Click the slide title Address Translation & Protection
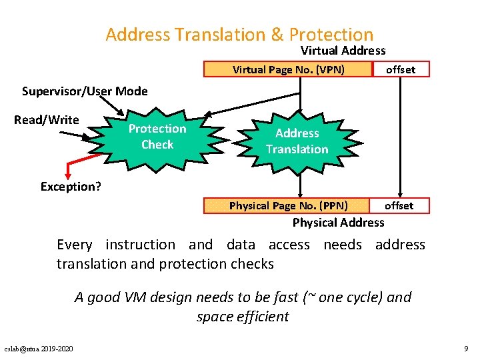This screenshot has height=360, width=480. pyautogui.click(x=239, y=34)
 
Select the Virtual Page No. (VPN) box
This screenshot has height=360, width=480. pyautogui.click(x=287, y=69)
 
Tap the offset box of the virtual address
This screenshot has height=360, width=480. pyautogui.click(x=401, y=69)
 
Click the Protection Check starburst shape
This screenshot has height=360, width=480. pyautogui.click(x=157, y=137)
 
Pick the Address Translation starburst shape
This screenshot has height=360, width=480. pyautogui.click(x=297, y=141)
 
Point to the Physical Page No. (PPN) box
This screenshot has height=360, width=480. pyautogui.click(x=288, y=205)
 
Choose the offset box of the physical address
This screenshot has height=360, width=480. pyautogui.click(x=399, y=205)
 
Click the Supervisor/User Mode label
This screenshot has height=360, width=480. pyautogui.click(x=85, y=91)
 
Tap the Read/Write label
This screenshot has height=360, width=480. pyautogui.click(x=47, y=120)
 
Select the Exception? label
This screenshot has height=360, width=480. pyautogui.click(x=71, y=187)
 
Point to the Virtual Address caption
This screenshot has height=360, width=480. pyautogui.click(x=343, y=51)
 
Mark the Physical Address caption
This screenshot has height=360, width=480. pyautogui.click(x=338, y=223)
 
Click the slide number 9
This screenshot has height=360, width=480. pyautogui.click(x=465, y=348)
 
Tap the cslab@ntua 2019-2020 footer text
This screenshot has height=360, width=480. pyautogui.click(x=39, y=348)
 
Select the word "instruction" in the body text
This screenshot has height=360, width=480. pyautogui.click(x=140, y=245)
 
